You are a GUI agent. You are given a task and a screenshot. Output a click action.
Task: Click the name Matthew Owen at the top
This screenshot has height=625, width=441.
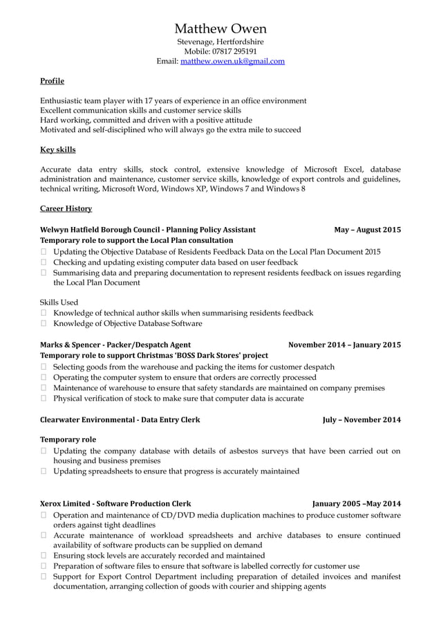(x=220, y=28)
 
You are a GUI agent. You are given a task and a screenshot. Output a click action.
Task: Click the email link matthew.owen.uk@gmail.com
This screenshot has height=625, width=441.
(x=232, y=61)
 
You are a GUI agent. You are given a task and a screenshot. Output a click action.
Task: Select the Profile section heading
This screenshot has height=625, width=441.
(x=53, y=81)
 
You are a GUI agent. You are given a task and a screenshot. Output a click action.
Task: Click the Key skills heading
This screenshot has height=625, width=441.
(x=58, y=150)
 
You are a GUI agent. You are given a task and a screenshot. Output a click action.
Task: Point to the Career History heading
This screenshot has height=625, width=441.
(x=66, y=208)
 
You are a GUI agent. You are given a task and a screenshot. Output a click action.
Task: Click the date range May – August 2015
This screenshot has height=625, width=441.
(x=367, y=230)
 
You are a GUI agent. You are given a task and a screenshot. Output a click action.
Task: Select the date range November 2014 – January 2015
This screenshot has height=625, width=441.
(x=344, y=345)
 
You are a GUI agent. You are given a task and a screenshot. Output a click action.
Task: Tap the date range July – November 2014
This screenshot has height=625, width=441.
(x=362, y=419)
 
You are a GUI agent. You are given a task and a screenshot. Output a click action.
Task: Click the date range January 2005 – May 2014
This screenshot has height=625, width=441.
(x=356, y=504)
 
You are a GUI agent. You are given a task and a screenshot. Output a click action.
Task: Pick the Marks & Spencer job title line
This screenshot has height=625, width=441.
(x=115, y=345)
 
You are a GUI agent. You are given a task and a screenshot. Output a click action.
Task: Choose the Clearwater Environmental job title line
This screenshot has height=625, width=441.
(x=120, y=419)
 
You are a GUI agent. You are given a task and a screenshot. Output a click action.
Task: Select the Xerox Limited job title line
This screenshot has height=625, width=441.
(x=115, y=504)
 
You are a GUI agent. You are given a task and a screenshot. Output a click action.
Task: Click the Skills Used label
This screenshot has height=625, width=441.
(x=59, y=302)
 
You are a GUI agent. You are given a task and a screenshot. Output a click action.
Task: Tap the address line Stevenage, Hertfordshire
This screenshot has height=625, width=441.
(x=220, y=42)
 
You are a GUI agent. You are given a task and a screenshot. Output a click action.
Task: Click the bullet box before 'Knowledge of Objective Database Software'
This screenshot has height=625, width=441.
(x=44, y=323)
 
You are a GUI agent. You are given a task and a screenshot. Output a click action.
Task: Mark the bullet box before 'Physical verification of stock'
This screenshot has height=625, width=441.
(x=44, y=399)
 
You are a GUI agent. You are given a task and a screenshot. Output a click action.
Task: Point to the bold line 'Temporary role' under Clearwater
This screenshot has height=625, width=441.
(x=68, y=440)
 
